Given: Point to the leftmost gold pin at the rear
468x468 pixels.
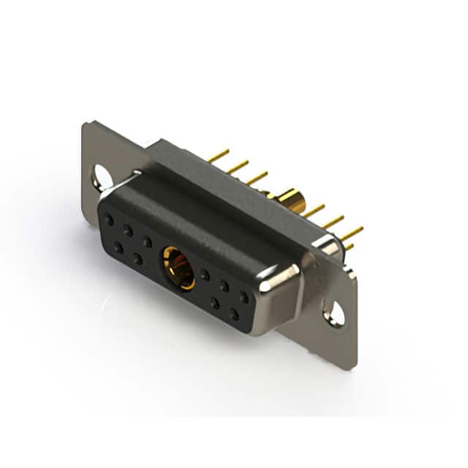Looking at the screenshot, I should [218, 155].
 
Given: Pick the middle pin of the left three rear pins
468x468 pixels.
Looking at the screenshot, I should [237, 167].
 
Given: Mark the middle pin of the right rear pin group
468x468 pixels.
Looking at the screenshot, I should [333, 222].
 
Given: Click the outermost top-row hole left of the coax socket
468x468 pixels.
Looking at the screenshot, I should [109, 219].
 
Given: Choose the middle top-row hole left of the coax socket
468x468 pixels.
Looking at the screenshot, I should [128, 230].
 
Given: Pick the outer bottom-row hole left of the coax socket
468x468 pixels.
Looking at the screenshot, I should [118, 248].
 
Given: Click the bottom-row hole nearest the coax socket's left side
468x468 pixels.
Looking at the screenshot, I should [137, 259].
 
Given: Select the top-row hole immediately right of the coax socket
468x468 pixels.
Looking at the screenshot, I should [205, 275].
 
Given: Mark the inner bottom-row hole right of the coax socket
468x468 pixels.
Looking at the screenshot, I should [214, 302].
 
